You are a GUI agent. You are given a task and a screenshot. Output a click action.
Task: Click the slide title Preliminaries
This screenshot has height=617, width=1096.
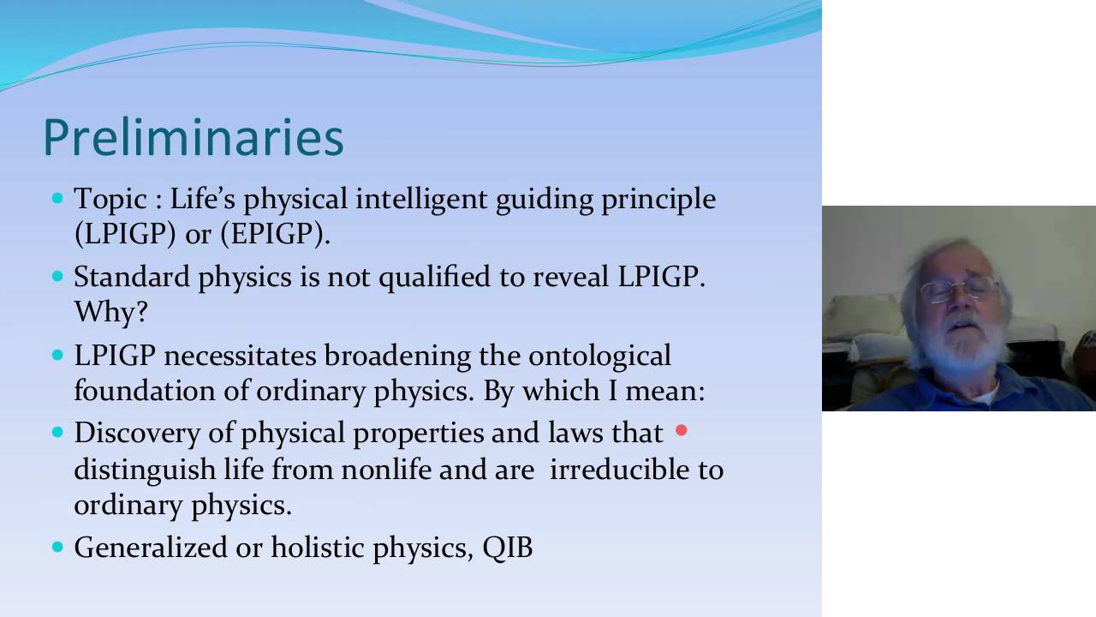click(x=194, y=138)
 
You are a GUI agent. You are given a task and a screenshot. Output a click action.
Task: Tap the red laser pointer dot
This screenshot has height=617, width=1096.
click(x=681, y=430)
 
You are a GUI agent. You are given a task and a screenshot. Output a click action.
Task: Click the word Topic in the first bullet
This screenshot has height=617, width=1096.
click(x=110, y=201)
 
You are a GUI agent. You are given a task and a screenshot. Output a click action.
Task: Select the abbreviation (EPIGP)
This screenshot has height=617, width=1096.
click(x=276, y=234)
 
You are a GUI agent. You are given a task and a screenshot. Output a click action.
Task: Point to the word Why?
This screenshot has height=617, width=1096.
click(x=110, y=312)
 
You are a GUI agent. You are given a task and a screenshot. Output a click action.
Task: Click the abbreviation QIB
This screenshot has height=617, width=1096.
click(x=508, y=547)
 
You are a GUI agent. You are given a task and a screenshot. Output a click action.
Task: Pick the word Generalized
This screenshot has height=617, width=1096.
click(x=151, y=547)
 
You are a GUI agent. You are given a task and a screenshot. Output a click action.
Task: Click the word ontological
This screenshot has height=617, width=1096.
click(x=600, y=355)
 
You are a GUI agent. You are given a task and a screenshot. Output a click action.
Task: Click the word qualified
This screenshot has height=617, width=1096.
click(x=434, y=278)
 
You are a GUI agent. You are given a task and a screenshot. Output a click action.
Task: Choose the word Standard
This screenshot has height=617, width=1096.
click(x=132, y=276)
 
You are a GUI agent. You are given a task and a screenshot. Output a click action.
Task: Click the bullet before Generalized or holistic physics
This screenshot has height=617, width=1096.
click(x=57, y=547)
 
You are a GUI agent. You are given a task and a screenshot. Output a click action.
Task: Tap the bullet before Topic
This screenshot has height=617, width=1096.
click(x=57, y=198)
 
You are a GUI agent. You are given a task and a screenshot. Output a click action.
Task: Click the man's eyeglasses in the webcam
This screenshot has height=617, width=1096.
click(x=958, y=289)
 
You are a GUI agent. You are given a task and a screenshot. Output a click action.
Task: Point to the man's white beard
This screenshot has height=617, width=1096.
click(x=968, y=343)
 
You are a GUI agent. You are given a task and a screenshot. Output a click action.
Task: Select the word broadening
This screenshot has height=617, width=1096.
click(x=398, y=356)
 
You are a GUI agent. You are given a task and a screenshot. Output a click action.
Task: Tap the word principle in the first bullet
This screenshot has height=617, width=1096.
click(x=658, y=201)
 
